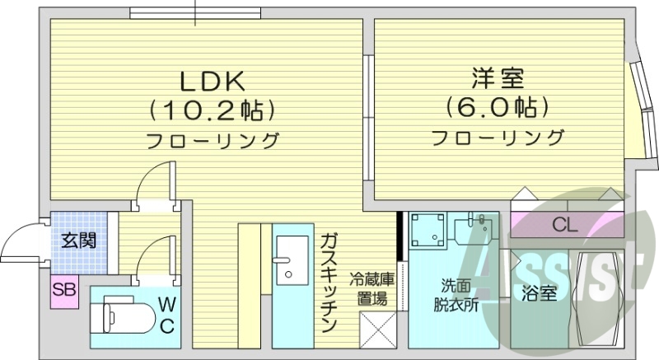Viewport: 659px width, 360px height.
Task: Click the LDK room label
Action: pyautogui.click(x=212, y=82)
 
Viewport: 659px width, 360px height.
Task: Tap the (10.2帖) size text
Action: pyautogui.click(x=212, y=110)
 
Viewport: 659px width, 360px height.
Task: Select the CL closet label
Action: pyautogui.click(x=564, y=223)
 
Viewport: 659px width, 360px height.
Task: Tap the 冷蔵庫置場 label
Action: pyautogui.click(x=372, y=288)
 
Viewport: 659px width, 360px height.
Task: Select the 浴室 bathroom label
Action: pyautogui.click(x=539, y=292)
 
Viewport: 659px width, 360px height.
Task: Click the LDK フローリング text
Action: pyautogui.click(x=213, y=140)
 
